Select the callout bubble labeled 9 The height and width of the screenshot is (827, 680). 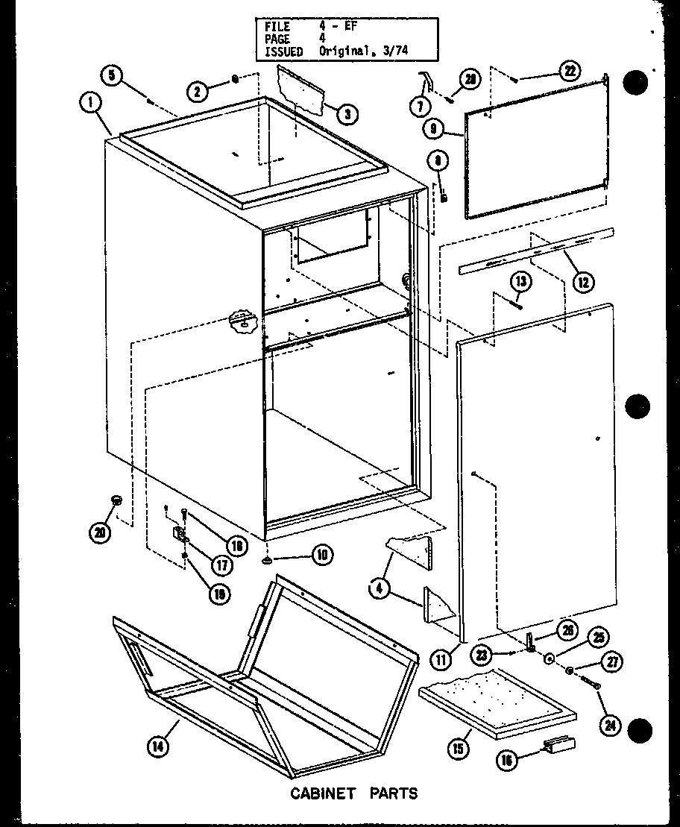(x=433, y=129)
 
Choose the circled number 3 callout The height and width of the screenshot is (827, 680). (x=347, y=114)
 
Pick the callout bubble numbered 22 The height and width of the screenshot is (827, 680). (x=569, y=72)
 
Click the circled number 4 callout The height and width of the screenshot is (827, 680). (x=380, y=588)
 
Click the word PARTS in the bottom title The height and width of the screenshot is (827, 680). (x=394, y=793)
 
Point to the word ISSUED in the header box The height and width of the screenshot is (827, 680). (x=284, y=51)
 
